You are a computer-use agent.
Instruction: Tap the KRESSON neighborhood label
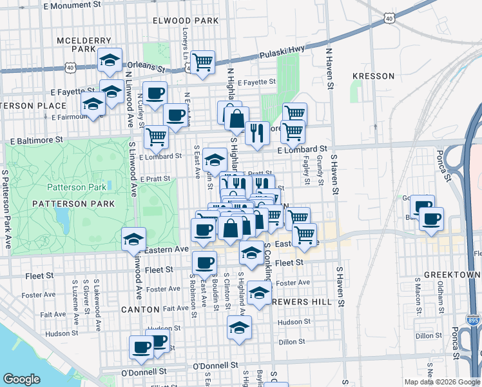[373, 76]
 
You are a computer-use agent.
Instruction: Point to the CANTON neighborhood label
[140, 310]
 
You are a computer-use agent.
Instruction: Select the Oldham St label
[441, 293]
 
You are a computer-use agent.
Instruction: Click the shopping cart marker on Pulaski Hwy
[203, 63]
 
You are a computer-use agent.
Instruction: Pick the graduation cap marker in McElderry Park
[110, 60]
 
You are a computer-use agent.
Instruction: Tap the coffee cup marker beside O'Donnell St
[141, 347]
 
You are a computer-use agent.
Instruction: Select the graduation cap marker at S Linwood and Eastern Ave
[133, 239]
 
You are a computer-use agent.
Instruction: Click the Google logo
[22, 379]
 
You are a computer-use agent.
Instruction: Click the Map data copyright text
[442, 382]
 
